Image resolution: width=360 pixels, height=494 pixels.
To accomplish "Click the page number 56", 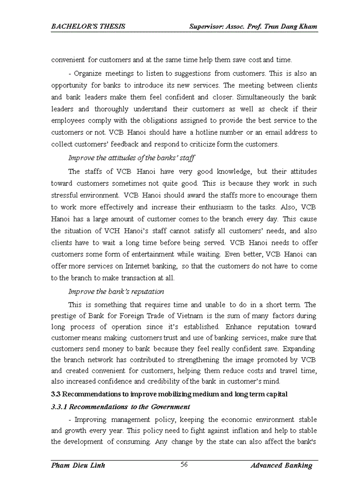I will [184, 465].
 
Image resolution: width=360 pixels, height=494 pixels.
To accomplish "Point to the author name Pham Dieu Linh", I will [78, 465].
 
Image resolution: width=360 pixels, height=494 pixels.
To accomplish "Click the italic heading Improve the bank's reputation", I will [116, 291].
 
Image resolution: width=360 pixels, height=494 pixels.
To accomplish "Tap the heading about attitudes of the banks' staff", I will [131, 157].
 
